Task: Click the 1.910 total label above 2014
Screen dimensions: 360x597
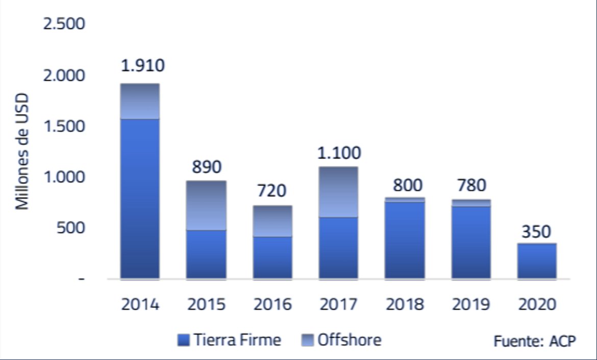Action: click(143, 66)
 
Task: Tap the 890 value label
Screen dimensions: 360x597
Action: click(207, 167)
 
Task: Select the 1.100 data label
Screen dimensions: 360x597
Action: click(338, 153)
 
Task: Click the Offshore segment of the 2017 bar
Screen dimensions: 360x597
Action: click(338, 192)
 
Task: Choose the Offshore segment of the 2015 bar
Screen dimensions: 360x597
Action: click(207, 205)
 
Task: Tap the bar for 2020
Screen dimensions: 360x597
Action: click(536, 261)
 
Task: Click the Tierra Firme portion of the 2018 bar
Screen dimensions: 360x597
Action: click(405, 240)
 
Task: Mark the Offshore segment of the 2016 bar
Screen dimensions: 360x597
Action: click(272, 221)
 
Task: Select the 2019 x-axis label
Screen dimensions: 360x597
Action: click(470, 305)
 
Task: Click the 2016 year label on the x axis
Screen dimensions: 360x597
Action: click(272, 305)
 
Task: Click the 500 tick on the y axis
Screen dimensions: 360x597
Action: click(71, 228)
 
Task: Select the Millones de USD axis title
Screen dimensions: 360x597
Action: click(22, 152)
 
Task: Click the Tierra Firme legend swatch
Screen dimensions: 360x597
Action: click(184, 340)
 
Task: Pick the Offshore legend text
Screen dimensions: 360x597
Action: click(350, 340)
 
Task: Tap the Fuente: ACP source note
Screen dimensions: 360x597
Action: click(534, 342)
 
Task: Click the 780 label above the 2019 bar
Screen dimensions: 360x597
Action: click(470, 185)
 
